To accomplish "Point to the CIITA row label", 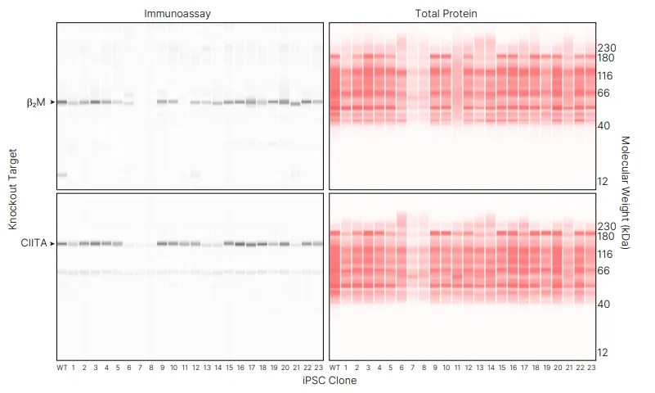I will pyautogui.click(x=34, y=243).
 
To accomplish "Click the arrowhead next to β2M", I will pyautogui.click(x=52, y=102).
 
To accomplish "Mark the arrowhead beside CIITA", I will pyautogui.click(x=52, y=243).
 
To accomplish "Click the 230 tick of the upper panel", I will pyautogui.click(x=606, y=47).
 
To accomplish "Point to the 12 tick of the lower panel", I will pyautogui.click(x=603, y=353).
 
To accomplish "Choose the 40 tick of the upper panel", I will pyautogui.click(x=603, y=125).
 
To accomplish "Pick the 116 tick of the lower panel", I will pyautogui.click(x=606, y=255).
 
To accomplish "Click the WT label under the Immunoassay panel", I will pyautogui.click(x=62, y=368).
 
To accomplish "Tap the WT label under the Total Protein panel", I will pyautogui.click(x=334, y=368).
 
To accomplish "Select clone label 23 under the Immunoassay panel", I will pyautogui.click(x=318, y=368).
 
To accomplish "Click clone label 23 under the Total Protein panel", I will pyautogui.click(x=590, y=368).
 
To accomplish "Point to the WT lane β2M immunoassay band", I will pyautogui.click(x=62, y=102).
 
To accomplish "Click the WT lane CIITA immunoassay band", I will pyautogui.click(x=62, y=244).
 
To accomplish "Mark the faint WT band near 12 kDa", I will pyautogui.click(x=62, y=175).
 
